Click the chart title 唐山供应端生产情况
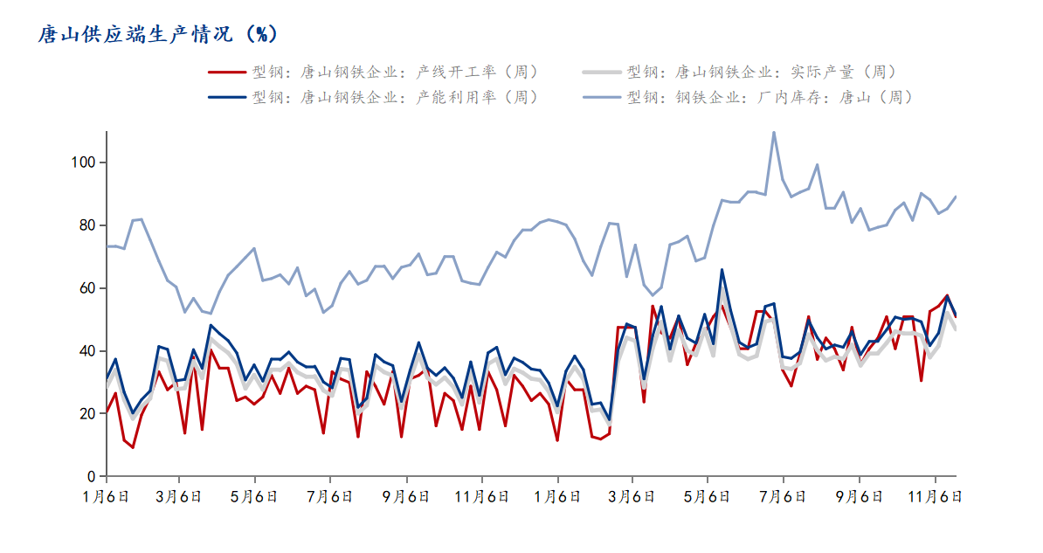135,34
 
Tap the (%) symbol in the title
261,34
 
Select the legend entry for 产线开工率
374,72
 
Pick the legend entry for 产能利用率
374,97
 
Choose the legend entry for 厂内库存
749,97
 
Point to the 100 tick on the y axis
84,162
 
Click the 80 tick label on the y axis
88,225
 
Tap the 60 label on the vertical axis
88,288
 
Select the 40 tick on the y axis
88,350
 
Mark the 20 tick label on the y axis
88,414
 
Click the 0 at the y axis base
92,476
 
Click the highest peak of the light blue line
774,132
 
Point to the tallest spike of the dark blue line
722,270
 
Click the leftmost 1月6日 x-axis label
107,496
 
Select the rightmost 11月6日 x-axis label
936,496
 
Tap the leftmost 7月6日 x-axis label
330,496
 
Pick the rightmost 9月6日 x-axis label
860,496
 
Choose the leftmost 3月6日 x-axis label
179,496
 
